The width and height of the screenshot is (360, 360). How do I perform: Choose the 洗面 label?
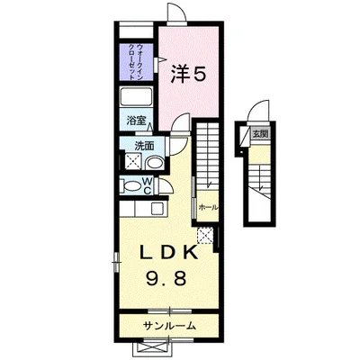(144, 145)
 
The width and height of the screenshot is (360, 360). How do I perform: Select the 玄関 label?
(260, 133)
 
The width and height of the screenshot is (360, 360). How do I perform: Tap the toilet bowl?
(135, 188)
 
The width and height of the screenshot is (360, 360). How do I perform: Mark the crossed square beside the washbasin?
(133, 162)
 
